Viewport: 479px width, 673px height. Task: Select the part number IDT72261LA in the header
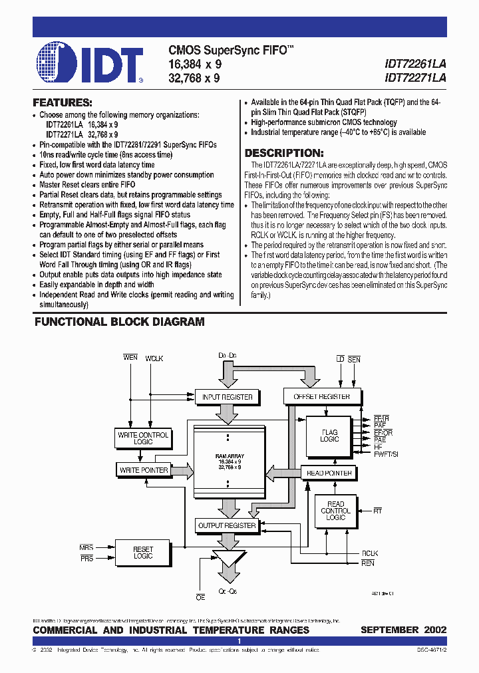[x=415, y=64]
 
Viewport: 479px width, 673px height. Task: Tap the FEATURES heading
[x=63, y=103]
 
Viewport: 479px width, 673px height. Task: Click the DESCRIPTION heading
[x=284, y=152]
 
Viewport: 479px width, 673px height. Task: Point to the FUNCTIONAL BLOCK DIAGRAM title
[x=119, y=322]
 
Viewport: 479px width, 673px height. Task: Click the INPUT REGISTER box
[x=227, y=397]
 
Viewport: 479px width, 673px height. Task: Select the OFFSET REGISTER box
[x=321, y=397]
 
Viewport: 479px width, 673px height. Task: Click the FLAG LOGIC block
[x=329, y=436]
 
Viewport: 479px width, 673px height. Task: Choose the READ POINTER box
[x=329, y=473]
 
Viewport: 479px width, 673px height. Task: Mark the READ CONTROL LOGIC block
[x=335, y=511]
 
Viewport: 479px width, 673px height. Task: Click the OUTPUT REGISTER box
[x=227, y=525]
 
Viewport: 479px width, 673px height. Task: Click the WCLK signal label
[x=154, y=358]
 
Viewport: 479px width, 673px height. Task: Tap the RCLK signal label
[x=369, y=553]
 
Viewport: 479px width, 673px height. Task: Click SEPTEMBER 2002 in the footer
[x=403, y=630]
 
